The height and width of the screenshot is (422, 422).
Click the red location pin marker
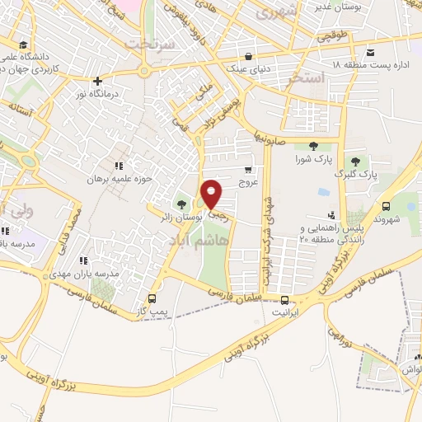click(x=212, y=194)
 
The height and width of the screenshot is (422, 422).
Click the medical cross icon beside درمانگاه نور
click(x=98, y=82)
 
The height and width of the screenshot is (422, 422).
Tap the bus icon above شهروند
click(x=386, y=207)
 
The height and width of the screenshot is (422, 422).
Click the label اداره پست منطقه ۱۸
click(x=371, y=64)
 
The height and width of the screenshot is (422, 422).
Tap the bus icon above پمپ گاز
click(x=152, y=298)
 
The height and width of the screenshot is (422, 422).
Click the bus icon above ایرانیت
click(x=284, y=301)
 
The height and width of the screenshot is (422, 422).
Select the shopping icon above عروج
click(x=248, y=169)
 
